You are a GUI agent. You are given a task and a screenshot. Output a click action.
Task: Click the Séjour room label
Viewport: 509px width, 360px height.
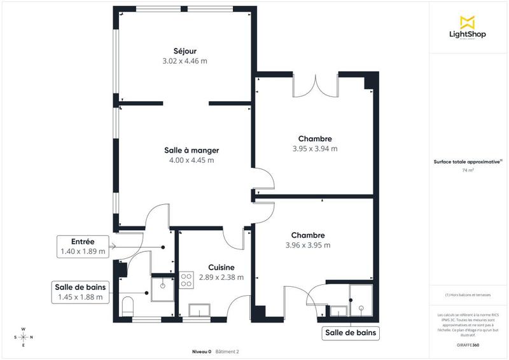(x=185, y=51)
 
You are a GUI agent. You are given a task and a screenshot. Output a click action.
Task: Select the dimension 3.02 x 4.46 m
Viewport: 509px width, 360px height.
(x=185, y=61)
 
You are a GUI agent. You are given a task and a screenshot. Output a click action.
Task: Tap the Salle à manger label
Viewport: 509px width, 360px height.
(x=192, y=150)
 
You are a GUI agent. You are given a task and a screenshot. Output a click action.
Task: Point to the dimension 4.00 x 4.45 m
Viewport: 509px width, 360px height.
(x=192, y=160)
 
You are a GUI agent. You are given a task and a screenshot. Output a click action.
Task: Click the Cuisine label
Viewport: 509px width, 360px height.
(x=221, y=268)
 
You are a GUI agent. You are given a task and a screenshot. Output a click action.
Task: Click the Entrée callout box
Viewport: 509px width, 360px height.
(x=83, y=247)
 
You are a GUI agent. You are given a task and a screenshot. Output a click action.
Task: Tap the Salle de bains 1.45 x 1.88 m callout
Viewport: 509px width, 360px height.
(x=80, y=292)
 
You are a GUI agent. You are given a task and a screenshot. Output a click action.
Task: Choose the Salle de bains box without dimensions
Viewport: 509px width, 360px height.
(x=351, y=333)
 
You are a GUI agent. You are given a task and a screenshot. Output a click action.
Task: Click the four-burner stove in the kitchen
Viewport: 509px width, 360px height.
(x=187, y=280)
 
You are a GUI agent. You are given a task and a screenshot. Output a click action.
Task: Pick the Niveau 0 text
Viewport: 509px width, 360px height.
(x=202, y=351)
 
